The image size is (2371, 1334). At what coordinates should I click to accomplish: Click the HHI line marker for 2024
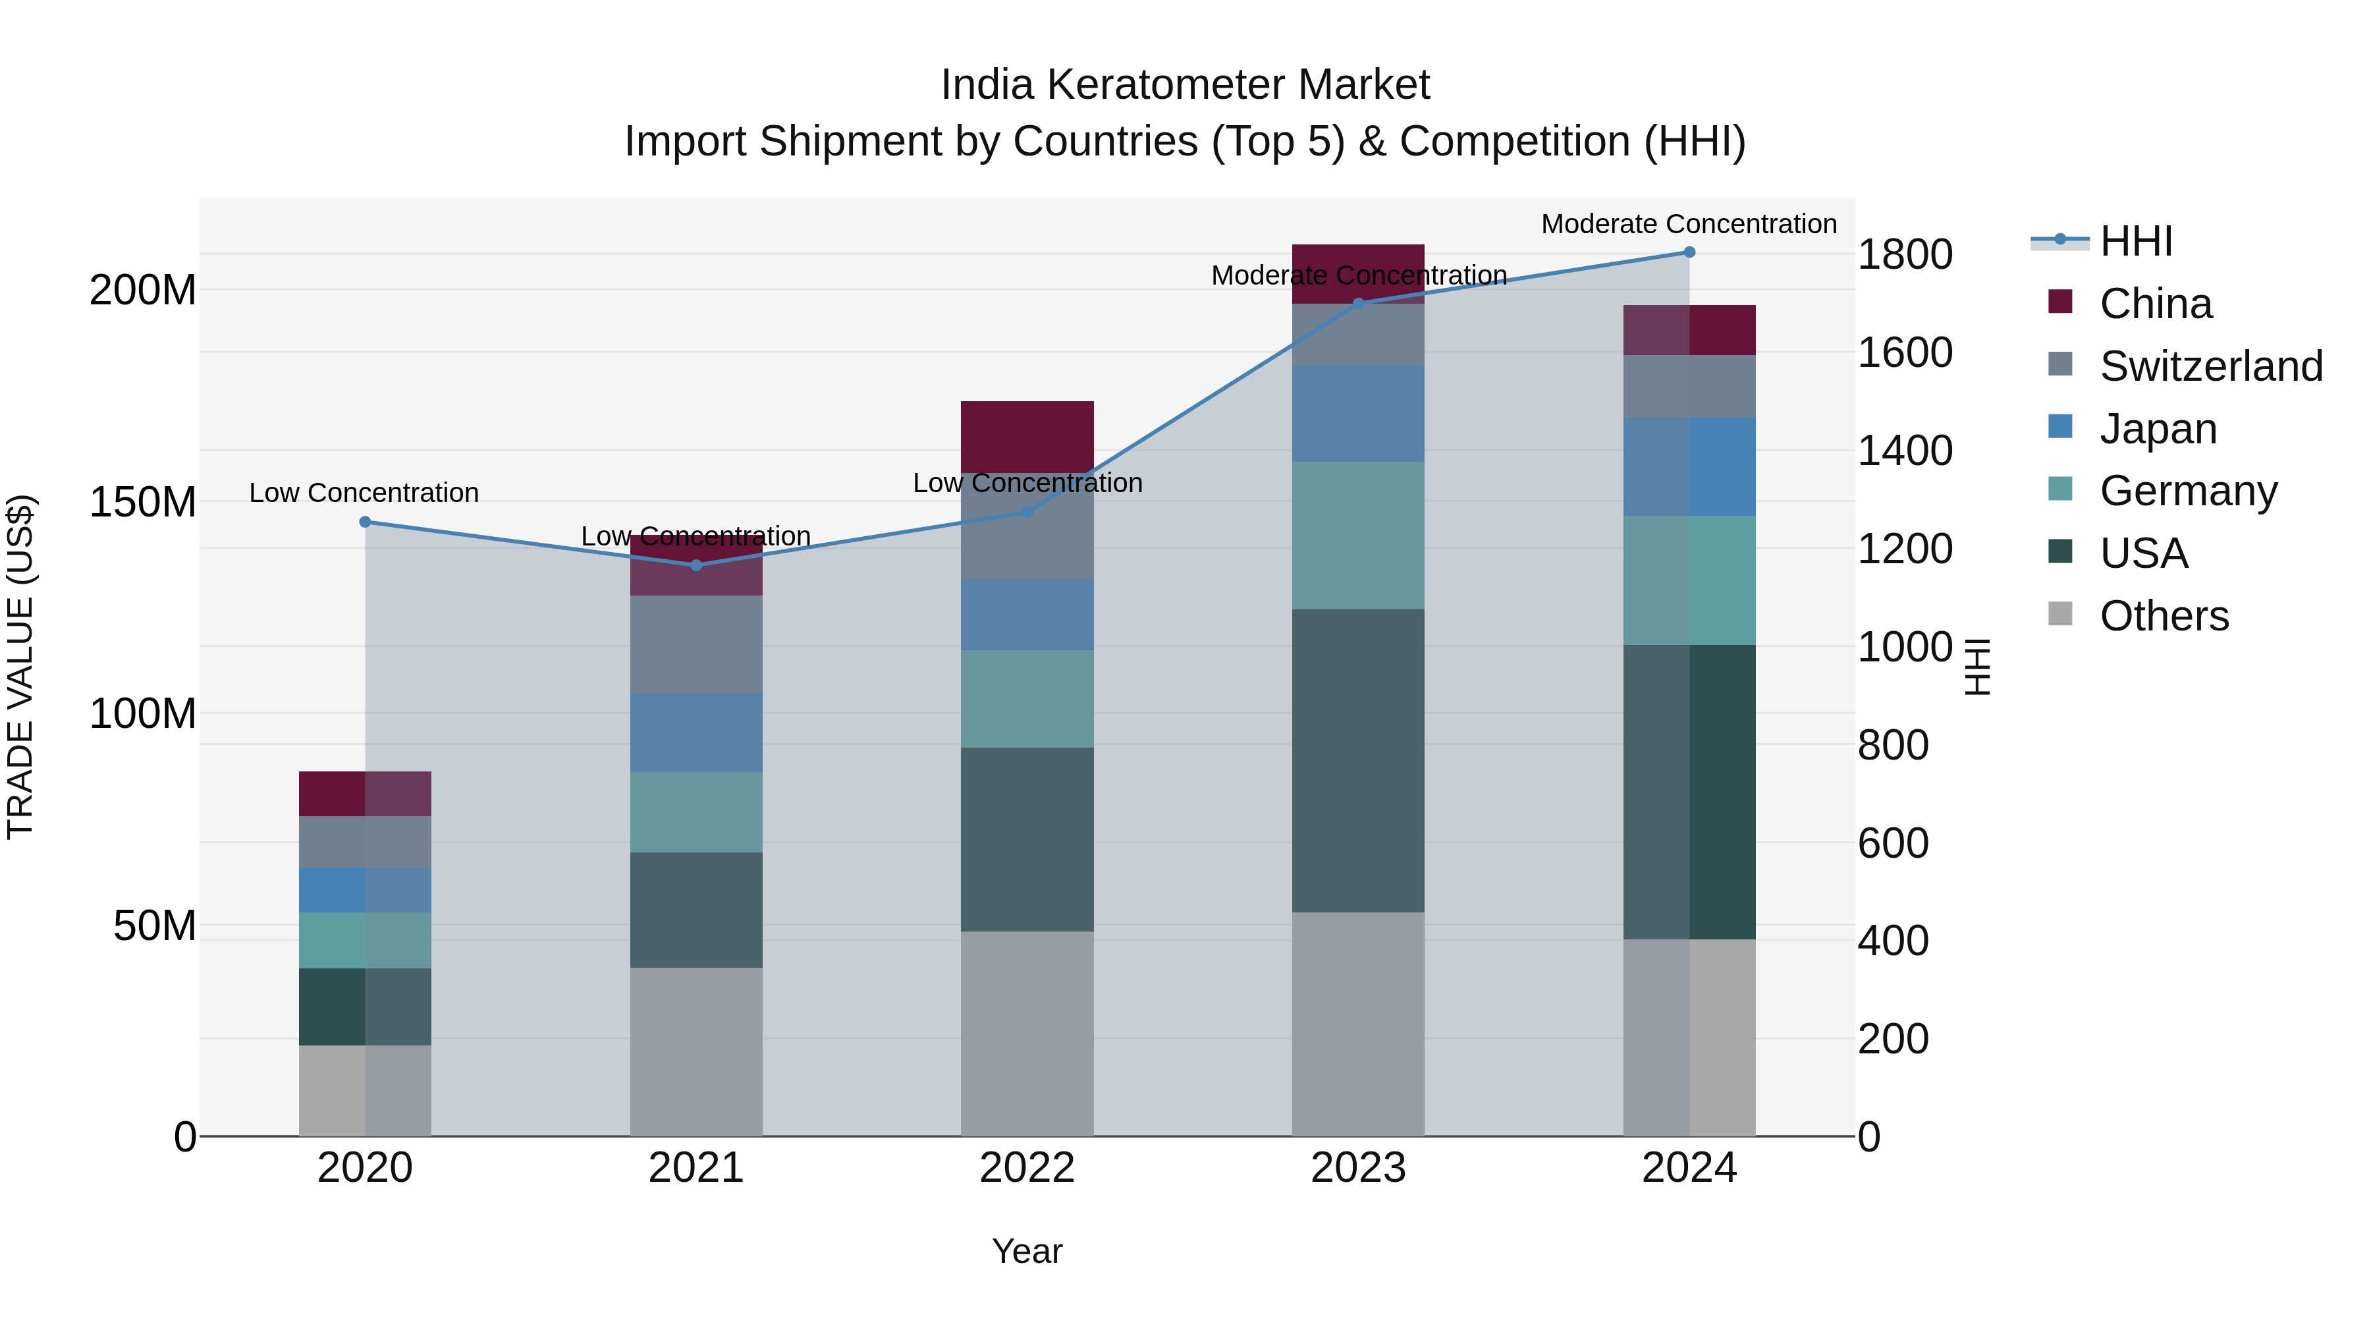pyautogui.click(x=1689, y=252)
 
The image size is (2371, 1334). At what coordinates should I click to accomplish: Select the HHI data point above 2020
pyautogui.click(x=366, y=522)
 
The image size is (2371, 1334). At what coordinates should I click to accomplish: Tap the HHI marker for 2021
pyautogui.click(x=696, y=565)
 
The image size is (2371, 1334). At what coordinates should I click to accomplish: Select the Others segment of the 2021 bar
pyautogui.click(x=696, y=1051)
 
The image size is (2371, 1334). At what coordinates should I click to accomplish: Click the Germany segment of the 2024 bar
pyautogui.click(x=1689, y=580)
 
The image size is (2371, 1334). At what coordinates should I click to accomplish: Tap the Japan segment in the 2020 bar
pyautogui.click(x=366, y=890)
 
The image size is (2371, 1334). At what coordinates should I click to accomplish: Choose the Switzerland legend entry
pyautogui.click(x=2209, y=366)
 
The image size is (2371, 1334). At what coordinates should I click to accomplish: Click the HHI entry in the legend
pyautogui.click(x=2135, y=241)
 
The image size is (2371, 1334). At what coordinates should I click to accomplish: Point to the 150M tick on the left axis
pyautogui.click(x=143, y=503)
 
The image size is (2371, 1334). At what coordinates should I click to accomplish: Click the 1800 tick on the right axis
pyautogui.click(x=1904, y=254)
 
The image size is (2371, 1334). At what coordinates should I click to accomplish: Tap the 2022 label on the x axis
pyautogui.click(x=1027, y=1168)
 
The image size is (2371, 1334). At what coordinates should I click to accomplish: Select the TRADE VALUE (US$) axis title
pyautogui.click(x=20, y=667)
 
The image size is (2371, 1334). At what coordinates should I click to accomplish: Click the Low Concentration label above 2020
pyautogui.click(x=364, y=493)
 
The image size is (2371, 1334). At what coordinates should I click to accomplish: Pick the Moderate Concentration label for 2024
pyautogui.click(x=1688, y=224)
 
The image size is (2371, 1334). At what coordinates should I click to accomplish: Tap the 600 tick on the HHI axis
pyautogui.click(x=1892, y=843)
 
